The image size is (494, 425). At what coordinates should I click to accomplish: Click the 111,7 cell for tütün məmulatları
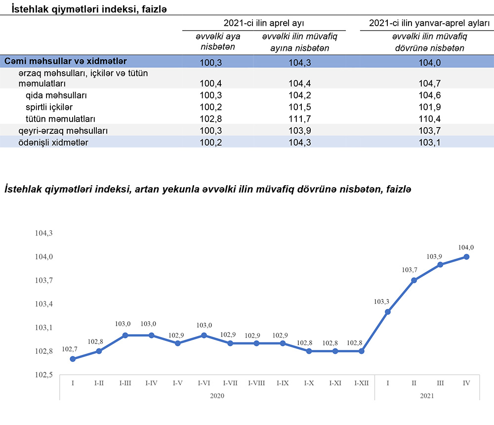[295, 119]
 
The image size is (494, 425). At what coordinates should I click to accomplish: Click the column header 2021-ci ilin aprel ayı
[263, 23]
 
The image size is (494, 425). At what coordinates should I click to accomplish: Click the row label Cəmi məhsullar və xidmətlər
[66, 61]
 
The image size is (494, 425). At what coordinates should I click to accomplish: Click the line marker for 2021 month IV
[466, 256]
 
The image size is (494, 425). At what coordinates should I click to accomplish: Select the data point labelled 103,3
[388, 312]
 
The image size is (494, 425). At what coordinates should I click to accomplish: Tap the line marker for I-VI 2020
[204, 336]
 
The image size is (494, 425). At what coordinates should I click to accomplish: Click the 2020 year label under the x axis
[217, 395]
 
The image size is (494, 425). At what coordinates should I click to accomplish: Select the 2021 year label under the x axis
[427, 395]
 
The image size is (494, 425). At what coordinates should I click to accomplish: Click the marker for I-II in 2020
[99, 351]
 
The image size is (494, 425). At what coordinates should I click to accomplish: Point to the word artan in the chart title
[144, 190]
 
